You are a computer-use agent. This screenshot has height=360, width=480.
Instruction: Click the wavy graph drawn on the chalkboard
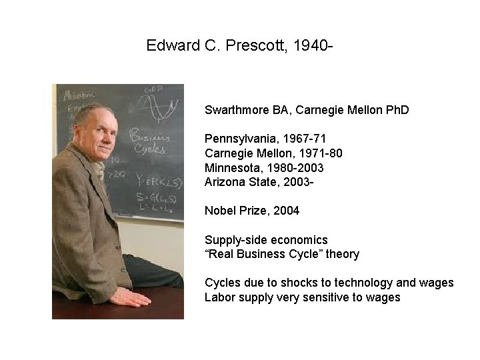[x=160, y=108]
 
